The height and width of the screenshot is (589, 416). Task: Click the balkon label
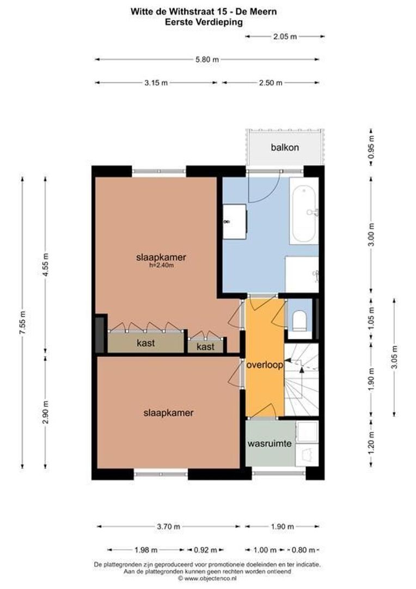coord(285,147)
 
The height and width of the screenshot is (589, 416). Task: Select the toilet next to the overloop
coord(299,320)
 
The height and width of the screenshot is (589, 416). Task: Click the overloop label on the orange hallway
coord(264,365)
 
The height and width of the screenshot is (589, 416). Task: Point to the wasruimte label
coord(270,444)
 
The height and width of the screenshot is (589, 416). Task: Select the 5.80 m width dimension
coord(207,60)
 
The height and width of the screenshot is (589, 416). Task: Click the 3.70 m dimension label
coord(168,527)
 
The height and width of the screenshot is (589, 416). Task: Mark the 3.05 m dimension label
coord(394,357)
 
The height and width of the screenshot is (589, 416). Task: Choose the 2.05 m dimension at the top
coord(285,37)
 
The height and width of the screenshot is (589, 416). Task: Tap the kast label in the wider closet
coord(145,343)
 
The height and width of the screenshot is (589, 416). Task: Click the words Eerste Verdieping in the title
coord(204,22)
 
